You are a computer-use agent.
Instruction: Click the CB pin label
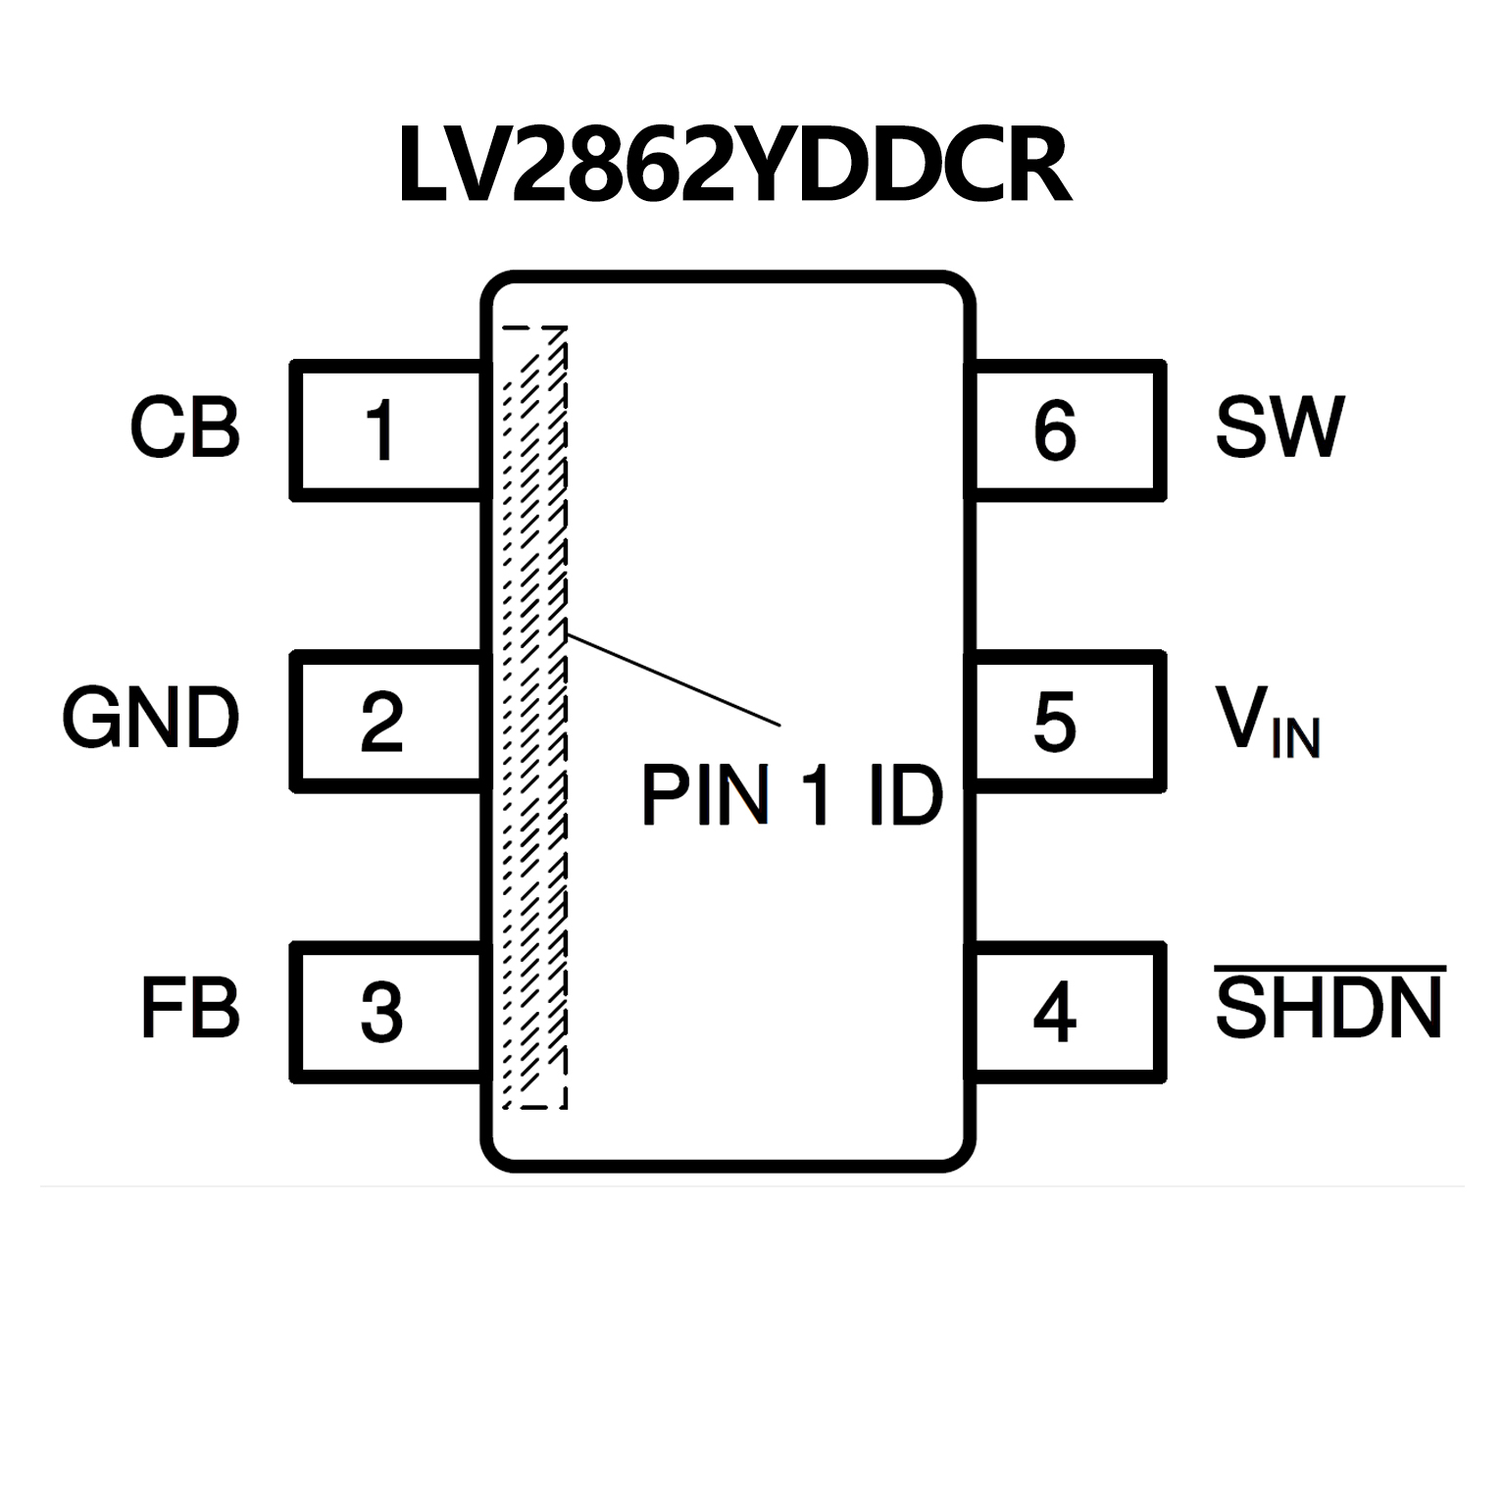185,428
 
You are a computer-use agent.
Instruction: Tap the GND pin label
151,719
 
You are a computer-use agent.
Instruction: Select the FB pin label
190,1010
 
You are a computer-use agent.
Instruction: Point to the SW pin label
1279,428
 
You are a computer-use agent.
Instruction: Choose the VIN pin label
1268,723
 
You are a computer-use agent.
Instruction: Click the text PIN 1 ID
791,795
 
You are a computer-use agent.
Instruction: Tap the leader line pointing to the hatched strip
674,680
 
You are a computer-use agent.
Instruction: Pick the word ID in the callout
905,795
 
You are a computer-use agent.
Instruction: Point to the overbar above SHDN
1329,970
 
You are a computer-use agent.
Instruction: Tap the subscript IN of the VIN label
1295,738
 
